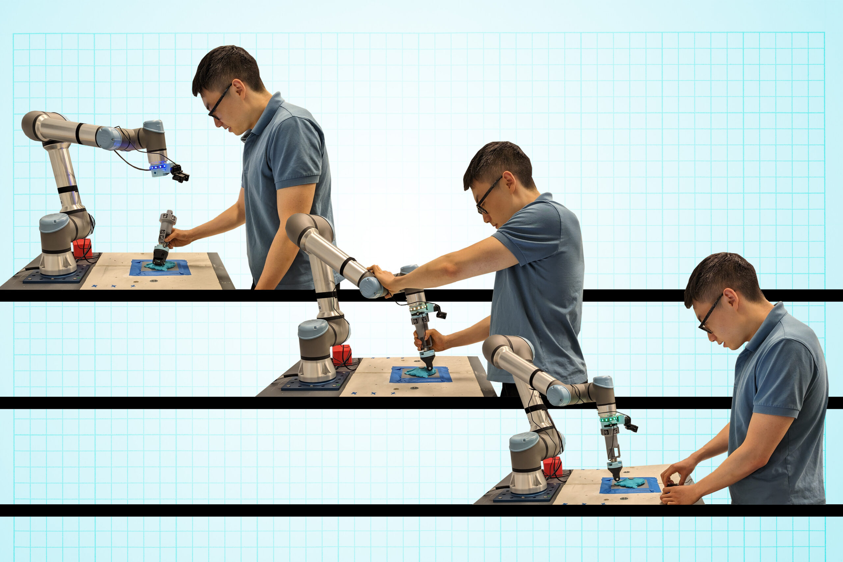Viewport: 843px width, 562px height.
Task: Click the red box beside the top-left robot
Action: pos(82,248)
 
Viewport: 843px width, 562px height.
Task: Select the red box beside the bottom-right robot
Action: pos(552,466)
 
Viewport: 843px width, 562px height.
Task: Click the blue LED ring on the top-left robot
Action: pos(158,167)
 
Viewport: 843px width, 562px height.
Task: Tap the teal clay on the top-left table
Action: pos(160,266)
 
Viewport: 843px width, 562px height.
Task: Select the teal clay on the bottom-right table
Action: pos(630,483)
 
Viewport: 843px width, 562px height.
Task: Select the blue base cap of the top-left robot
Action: pos(54,223)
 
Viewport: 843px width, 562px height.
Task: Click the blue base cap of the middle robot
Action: pos(313,329)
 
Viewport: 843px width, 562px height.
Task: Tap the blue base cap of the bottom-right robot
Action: pos(524,441)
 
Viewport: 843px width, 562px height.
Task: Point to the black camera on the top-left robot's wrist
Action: pos(180,174)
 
